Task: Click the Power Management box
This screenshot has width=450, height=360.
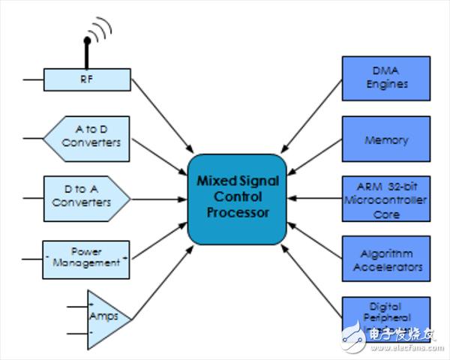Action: [x=87, y=258]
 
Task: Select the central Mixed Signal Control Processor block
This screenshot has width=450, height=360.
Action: [x=237, y=198]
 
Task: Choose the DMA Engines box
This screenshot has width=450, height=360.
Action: [x=385, y=78]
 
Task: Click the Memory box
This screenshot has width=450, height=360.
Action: [x=385, y=139]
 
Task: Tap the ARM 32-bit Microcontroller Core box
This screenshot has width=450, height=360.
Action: [x=385, y=199]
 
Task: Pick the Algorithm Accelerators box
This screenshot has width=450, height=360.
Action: [x=385, y=259]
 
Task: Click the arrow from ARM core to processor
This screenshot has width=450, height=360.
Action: [x=315, y=199]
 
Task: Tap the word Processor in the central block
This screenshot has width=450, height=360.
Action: [x=237, y=214]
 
